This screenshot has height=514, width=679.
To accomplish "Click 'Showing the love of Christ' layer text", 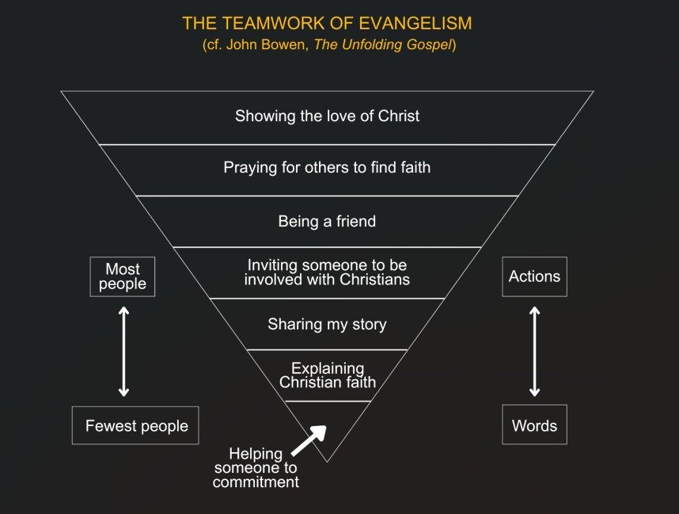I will (x=327, y=116).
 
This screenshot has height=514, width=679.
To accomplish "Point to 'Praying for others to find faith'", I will (x=327, y=168).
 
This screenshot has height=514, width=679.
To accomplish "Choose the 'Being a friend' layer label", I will (x=327, y=222).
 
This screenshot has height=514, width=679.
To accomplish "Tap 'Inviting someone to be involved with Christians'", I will (x=327, y=272).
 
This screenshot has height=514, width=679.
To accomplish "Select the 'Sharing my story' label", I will (x=327, y=325).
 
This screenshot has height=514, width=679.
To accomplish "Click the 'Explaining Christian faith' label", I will (x=327, y=375).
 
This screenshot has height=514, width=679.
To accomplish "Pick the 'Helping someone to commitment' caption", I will (x=256, y=467).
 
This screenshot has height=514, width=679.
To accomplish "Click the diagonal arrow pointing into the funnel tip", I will (x=309, y=440).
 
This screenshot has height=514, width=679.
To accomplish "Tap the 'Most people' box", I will (x=123, y=276).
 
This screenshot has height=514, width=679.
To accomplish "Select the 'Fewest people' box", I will (x=136, y=426).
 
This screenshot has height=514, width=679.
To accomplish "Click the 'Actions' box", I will (x=534, y=276).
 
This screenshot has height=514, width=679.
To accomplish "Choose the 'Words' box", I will (x=534, y=426).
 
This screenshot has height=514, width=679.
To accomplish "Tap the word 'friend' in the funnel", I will (x=354, y=222).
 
